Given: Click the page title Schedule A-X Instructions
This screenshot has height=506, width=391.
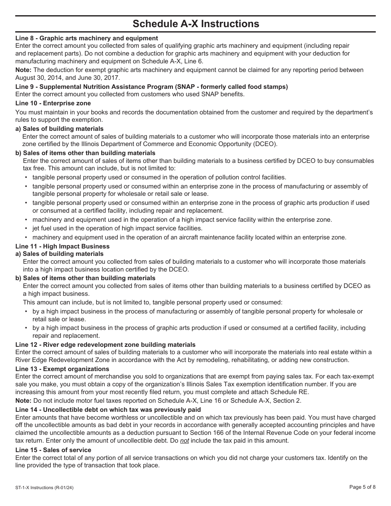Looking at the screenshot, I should [x=195, y=24].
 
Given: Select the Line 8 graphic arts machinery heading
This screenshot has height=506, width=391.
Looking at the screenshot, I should [x=86, y=38].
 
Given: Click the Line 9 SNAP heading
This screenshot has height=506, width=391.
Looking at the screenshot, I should [x=151, y=86].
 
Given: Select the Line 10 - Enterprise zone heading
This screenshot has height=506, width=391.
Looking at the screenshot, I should [x=53, y=103].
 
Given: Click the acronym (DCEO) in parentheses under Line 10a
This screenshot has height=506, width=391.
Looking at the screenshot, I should [x=265, y=144].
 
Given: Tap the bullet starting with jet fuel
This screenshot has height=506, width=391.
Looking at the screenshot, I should [x=117, y=228].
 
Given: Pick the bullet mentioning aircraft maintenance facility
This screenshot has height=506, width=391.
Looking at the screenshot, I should [x=189, y=237].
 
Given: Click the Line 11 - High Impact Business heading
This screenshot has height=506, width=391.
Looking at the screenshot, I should [x=63, y=246].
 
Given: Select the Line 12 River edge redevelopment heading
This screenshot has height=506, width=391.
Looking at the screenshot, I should [x=105, y=344].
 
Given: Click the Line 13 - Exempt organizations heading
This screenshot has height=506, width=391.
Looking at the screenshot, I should [x=62, y=369].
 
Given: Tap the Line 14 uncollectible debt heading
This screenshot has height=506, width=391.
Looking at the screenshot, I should [x=108, y=409].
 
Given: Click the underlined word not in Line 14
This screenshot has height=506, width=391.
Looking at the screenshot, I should [x=184, y=441].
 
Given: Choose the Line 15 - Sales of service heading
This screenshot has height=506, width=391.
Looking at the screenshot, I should [x=53, y=450].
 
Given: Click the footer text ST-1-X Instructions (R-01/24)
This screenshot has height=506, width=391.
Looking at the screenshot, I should [x=44, y=487].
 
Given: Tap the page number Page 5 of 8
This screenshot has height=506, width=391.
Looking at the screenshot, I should [x=362, y=487].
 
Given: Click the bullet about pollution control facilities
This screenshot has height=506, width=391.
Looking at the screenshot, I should [x=159, y=177].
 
